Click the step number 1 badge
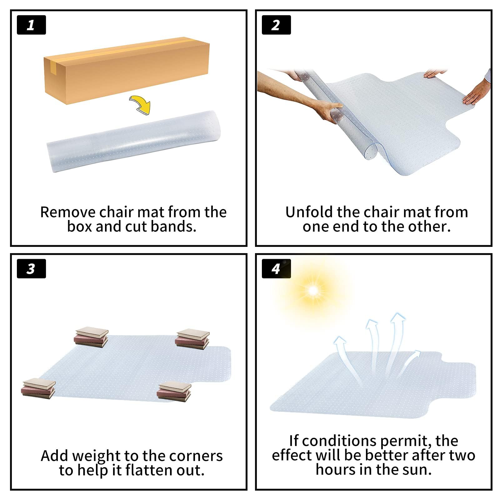click(31, 25)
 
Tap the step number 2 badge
click(276, 25)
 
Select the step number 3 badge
click(31, 268)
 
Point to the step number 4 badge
click(276, 268)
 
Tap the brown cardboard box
click(127, 70)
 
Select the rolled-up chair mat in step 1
click(134, 141)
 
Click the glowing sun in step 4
click(313, 291)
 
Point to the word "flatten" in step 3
click(149, 470)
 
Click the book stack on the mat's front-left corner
click(38, 388)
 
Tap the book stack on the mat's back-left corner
click(91, 337)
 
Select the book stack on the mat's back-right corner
click(192, 339)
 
